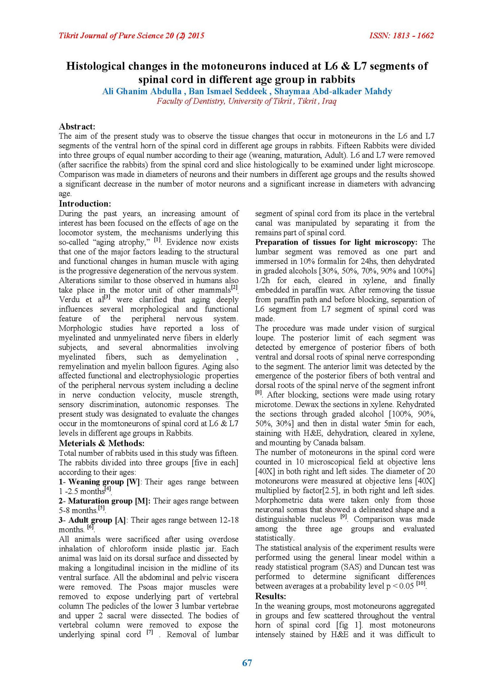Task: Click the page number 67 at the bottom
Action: pos(247,663)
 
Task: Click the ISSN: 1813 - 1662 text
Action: pos(401,36)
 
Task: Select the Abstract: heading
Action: pos(77,126)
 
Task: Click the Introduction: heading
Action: pos(85,204)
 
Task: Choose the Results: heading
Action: pos(270,596)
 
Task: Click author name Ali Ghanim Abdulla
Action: pos(142,91)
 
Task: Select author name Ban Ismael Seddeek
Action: pos(228,91)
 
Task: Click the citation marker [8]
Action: pos(258,393)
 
